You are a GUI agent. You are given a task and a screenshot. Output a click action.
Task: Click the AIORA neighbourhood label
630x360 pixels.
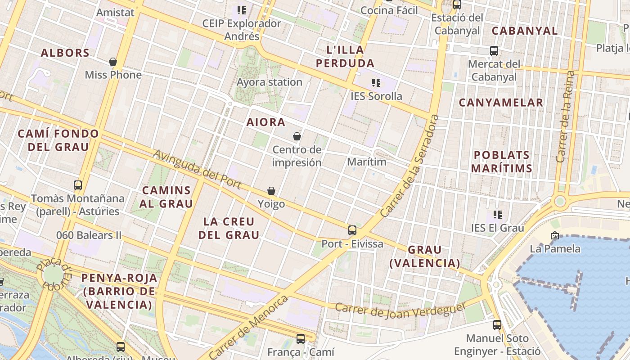[x=265, y=122]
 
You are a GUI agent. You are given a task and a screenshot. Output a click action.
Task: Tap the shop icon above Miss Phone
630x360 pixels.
[x=113, y=62]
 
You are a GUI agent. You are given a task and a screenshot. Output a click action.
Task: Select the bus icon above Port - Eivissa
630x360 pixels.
[x=352, y=230]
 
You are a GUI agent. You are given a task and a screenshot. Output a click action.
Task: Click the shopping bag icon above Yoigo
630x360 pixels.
[x=271, y=191]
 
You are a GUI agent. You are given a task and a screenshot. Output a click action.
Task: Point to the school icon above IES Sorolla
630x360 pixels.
[x=376, y=83]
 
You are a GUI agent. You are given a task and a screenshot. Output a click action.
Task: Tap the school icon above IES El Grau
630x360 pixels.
[x=497, y=215]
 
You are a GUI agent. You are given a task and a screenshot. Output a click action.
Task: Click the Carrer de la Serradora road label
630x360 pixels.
[x=409, y=166]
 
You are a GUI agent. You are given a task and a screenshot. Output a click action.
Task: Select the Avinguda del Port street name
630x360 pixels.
[x=197, y=170]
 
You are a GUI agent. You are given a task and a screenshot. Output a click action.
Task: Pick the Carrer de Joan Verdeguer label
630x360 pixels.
[x=400, y=310]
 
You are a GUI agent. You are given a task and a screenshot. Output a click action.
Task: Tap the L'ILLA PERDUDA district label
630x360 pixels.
[x=345, y=56]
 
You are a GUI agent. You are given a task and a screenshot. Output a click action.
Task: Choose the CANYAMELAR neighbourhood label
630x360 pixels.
[x=501, y=103]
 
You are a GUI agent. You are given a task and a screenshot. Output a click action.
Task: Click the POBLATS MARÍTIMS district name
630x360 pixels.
[x=502, y=162]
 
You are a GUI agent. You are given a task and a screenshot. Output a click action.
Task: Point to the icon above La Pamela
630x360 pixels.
[x=554, y=235]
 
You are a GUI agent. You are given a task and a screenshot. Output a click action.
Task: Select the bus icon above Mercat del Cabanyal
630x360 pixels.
[x=494, y=50]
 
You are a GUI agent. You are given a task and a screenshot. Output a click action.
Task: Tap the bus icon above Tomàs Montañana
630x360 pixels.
[x=78, y=185]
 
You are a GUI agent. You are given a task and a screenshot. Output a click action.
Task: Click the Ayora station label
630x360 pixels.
[x=269, y=82]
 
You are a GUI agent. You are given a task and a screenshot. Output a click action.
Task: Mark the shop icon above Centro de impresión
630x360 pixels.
[x=297, y=136]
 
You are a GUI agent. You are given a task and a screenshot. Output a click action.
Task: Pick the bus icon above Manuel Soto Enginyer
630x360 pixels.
[x=497, y=324]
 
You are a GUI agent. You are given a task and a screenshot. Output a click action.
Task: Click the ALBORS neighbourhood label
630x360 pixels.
[x=65, y=53]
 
